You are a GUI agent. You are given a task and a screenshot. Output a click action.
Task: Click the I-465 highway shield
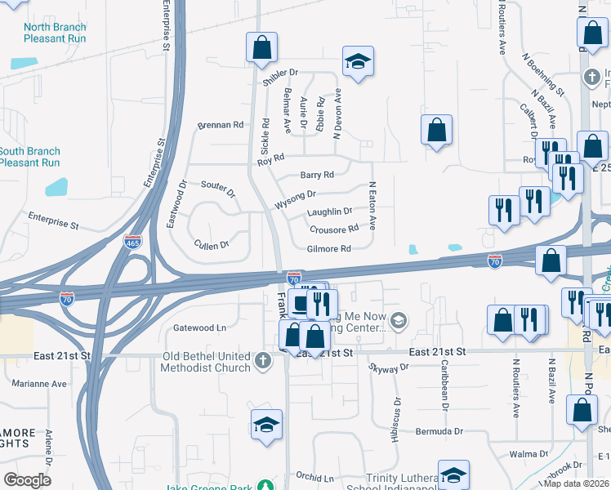coord(132,243)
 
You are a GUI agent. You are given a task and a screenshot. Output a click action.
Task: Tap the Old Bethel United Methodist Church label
coord(182,361)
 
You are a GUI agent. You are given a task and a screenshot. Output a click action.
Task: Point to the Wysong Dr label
coord(296,197)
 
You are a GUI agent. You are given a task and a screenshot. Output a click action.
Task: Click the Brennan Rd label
coord(221,126)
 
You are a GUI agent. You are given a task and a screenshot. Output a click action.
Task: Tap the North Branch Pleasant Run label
coord(55,33)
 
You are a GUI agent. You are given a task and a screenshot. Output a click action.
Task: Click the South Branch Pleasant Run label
coord(29,157)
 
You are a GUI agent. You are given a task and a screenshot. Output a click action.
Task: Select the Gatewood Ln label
coord(199,327)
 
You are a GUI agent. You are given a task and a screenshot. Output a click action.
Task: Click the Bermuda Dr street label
coord(438,430)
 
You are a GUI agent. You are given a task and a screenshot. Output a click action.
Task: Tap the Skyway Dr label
coord(389,368)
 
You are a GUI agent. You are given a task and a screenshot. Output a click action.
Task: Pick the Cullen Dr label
coord(211,244)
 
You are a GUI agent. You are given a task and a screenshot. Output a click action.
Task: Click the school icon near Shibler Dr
coord(358,62)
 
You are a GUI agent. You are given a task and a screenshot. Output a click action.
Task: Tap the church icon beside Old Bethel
coord(263,361)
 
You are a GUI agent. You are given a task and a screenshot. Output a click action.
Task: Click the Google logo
coord(28,480)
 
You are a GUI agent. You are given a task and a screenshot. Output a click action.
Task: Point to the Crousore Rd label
coord(334,229)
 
